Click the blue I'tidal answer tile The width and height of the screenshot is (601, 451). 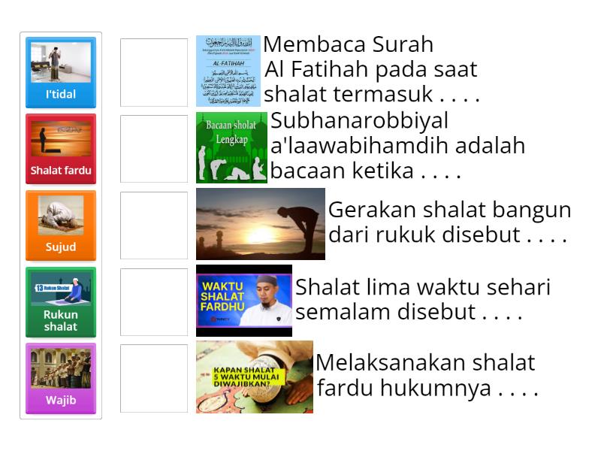(61, 72)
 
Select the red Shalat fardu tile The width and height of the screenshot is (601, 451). (61, 149)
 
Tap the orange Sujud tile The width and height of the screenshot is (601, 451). (61, 225)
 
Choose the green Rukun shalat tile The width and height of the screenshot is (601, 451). (61, 301)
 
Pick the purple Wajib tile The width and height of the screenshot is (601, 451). (61, 378)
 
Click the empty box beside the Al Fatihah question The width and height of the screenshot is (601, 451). (154, 72)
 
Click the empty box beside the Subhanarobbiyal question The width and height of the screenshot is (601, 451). (154, 149)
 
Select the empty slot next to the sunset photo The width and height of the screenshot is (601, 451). (154, 225)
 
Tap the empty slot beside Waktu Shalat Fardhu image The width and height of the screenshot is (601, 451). (154, 301)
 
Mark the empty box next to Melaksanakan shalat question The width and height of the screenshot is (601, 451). (154, 378)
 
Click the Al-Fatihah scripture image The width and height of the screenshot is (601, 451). (228, 71)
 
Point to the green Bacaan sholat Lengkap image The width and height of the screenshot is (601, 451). (231, 147)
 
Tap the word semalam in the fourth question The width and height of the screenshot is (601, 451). (338, 312)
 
